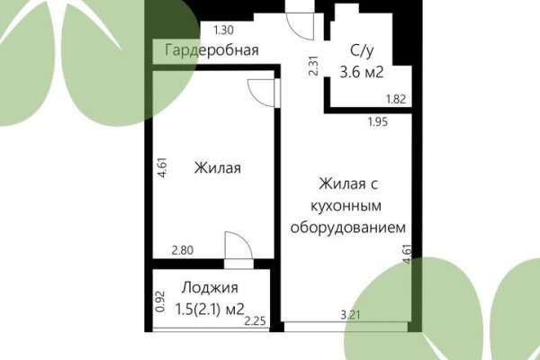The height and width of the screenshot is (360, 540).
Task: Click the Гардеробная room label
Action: click(212, 50)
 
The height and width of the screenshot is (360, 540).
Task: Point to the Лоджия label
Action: click(210, 288)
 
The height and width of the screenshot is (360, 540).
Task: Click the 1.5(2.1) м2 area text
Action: click(197, 309)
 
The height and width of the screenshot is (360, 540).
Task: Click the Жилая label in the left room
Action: click(217, 167)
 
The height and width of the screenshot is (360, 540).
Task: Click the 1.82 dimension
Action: click(395, 100)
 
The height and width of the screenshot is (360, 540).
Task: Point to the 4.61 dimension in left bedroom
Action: click(160, 167)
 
